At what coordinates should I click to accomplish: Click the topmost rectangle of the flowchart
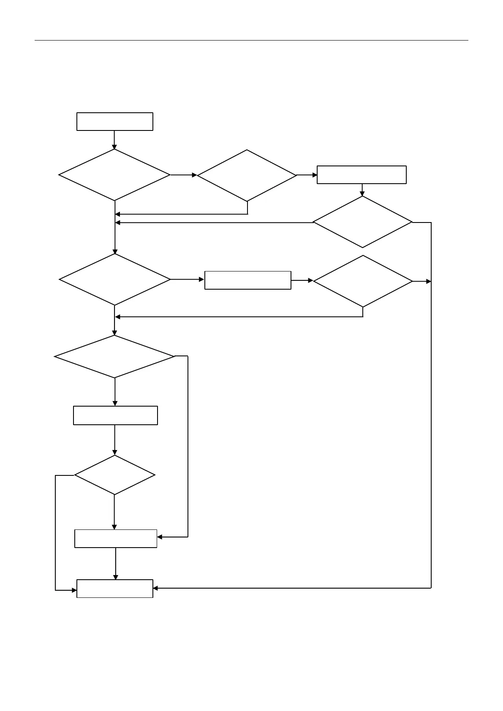tap(114, 122)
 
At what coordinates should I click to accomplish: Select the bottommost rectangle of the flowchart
tap(114, 589)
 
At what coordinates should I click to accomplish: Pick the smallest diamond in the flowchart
tap(114, 475)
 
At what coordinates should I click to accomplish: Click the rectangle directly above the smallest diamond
tap(115, 415)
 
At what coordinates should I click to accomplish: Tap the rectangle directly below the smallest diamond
tap(116, 539)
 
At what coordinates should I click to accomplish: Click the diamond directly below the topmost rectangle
tap(114, 175)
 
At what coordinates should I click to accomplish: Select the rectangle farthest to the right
tap(362, 175)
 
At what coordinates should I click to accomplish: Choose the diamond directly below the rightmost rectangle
tap(362, 222)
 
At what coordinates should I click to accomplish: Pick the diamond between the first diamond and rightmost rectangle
tap(247, 175)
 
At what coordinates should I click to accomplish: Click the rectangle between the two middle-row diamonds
tap(247, 280)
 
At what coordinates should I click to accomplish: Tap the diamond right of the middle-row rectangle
tap(363, 281)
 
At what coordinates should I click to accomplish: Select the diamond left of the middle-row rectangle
tap(114, 279)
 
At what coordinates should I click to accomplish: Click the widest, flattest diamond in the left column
tap(114, 357)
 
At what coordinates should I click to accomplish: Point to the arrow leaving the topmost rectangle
tap(114, 139)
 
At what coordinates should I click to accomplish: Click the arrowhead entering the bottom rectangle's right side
tap(155, 588)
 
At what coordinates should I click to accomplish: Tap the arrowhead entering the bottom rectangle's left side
tap(74, 590)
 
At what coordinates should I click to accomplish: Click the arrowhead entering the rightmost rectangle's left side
tap(315, 175)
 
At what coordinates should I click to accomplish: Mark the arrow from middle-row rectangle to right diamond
tap(302, 280)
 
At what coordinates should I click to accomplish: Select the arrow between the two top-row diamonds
tap(184, 175)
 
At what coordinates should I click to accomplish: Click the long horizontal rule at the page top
tap(251, 41)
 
